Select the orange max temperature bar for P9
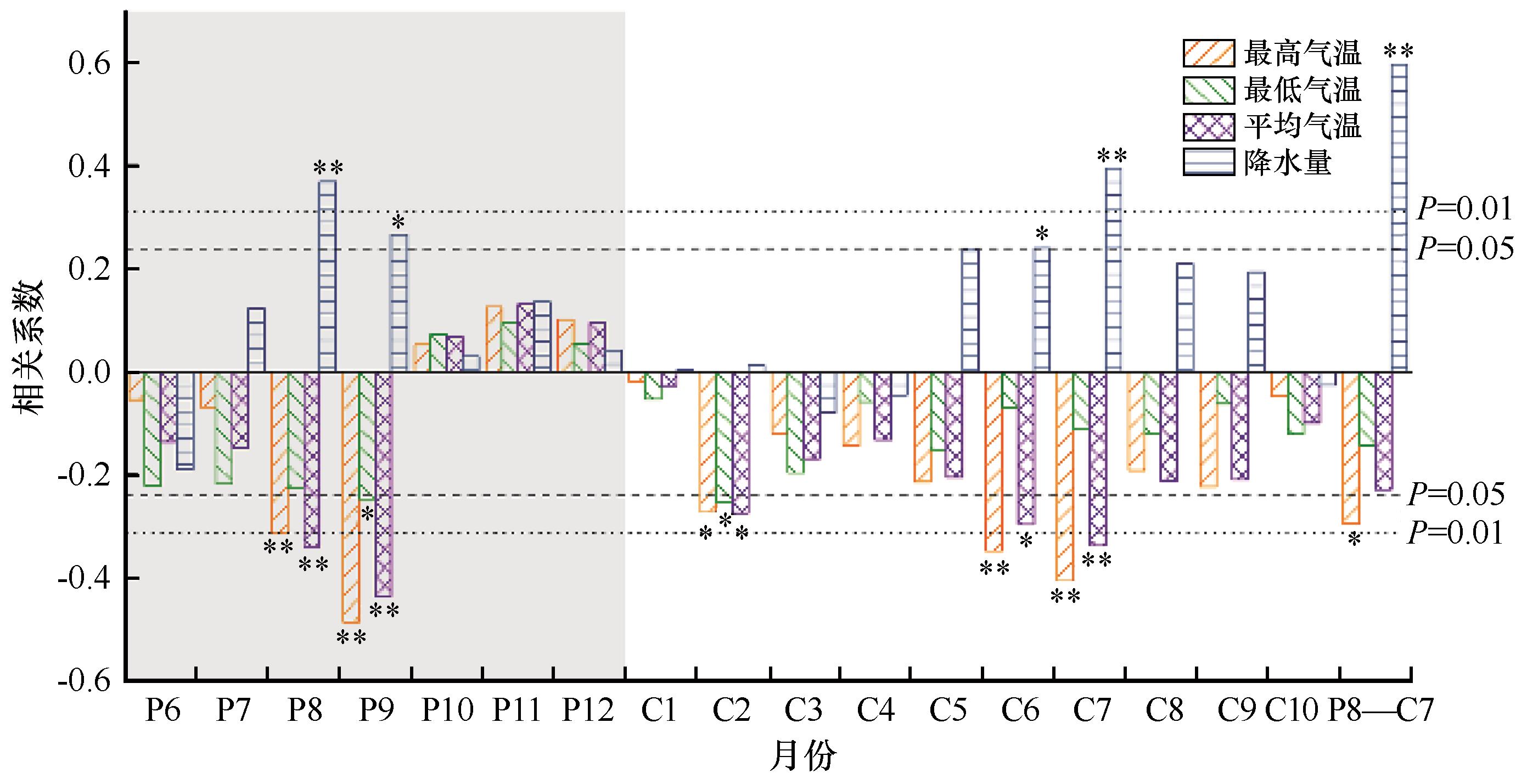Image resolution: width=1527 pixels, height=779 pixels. click(x=351, y=497)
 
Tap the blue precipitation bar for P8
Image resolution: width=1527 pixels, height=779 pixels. click(x=327, y=276)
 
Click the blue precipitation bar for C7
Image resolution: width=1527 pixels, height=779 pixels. click(x=1113, y=270)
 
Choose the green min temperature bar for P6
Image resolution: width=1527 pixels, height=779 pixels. click(x=153, y=429)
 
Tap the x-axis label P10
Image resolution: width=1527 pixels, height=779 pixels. click(x=447, y=710)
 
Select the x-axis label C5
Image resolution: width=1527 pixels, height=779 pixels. click(x=948, y=710)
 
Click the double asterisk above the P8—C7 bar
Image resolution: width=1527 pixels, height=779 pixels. click(x=1399, y=52)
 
